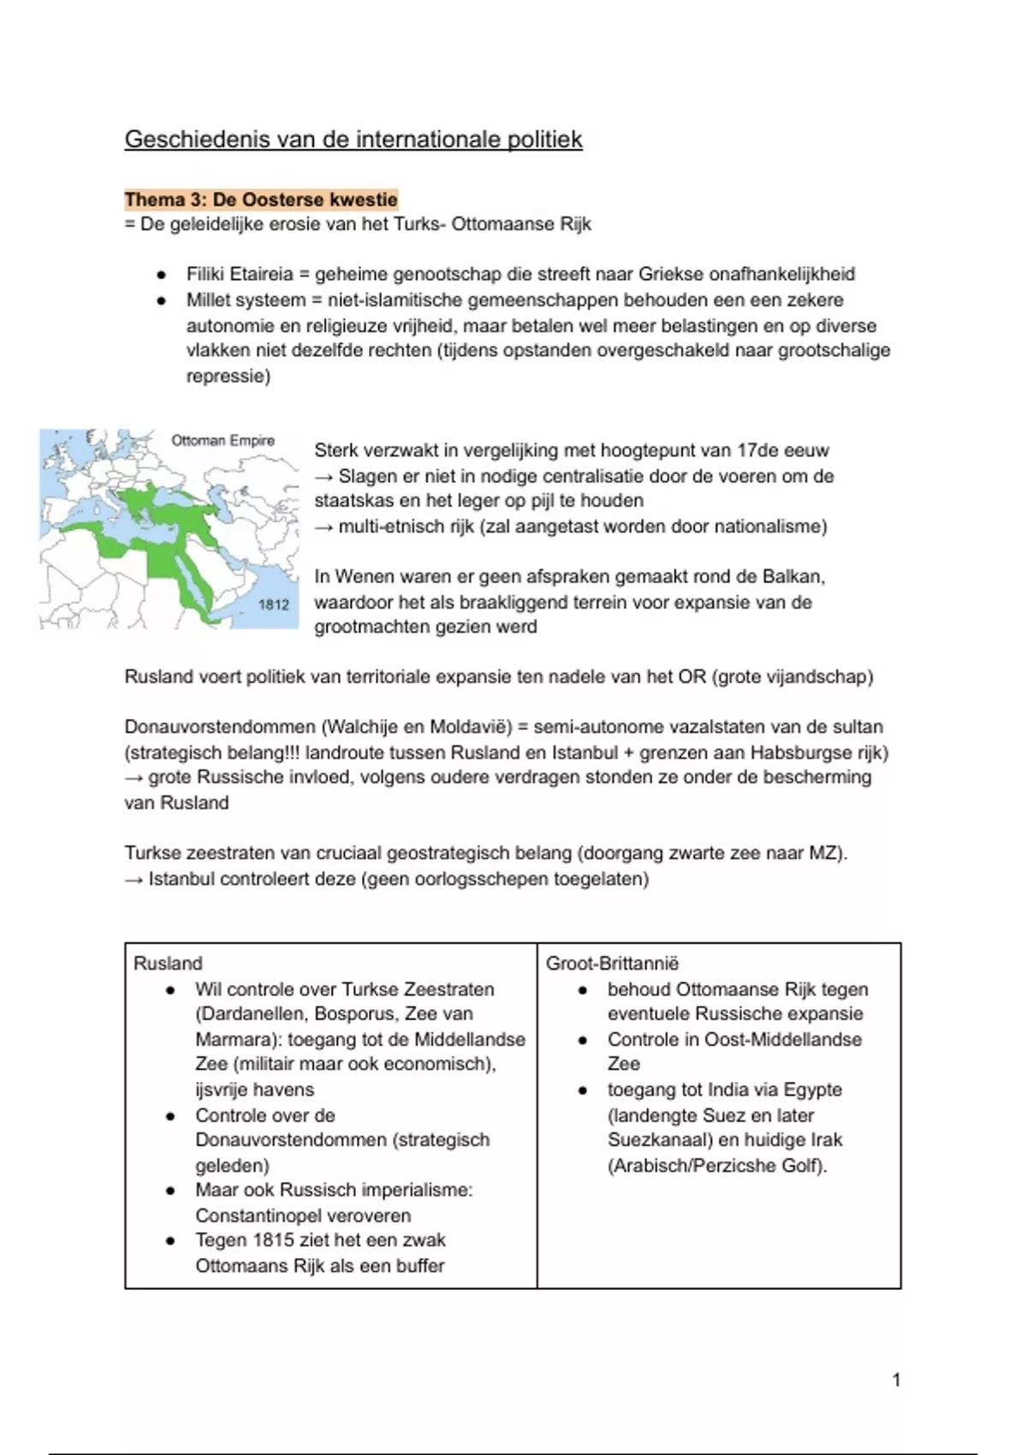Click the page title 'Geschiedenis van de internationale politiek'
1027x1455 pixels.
tap(353, 140)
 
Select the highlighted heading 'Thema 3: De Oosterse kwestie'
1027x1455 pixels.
tap(261, 200)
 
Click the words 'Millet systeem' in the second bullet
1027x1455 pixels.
tap(246, 300)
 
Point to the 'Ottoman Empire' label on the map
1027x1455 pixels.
tap(223, 441)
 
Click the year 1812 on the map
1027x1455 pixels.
tap(274, 604)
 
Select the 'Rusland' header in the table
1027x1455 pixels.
tap(168, 964)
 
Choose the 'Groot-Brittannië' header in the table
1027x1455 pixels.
tap(612, 964)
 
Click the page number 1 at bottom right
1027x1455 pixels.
tap(896, 1380)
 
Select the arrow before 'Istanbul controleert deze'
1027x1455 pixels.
tap(134, 879)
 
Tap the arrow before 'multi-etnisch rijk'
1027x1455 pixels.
tap(324, 526)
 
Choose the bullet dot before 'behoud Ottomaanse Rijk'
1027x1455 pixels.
tap(583, 990)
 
